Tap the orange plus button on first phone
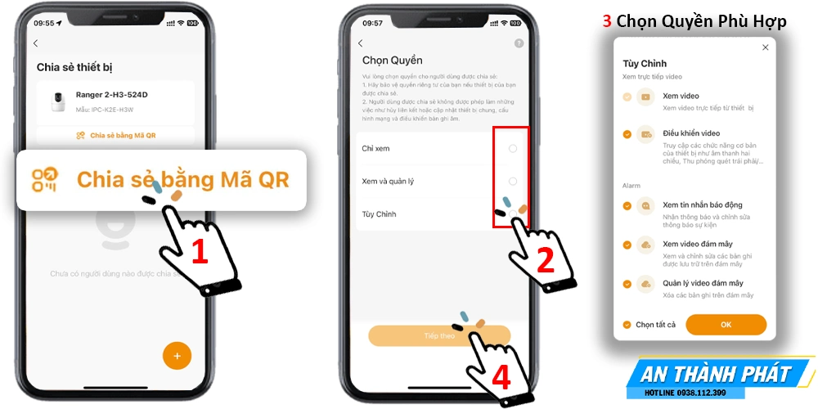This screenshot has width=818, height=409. [x=177, y=356]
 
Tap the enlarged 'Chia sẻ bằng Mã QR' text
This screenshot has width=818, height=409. [x=182, y=179]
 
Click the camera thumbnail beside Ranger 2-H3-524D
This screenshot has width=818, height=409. [x=58, y=101]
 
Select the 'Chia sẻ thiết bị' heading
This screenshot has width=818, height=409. [x=74, y=67]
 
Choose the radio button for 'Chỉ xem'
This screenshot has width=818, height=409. [x=513, y=148]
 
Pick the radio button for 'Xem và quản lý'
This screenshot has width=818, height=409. [x=513, y=181]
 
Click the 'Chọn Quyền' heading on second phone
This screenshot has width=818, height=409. [x=393, y=61]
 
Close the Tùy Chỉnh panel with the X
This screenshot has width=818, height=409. [x=765, y=47]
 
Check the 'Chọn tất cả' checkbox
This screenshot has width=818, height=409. [x=627, y=325]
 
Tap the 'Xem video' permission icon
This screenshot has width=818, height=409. [x=646, y=97]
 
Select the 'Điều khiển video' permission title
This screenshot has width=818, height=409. [x=691, y=133]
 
